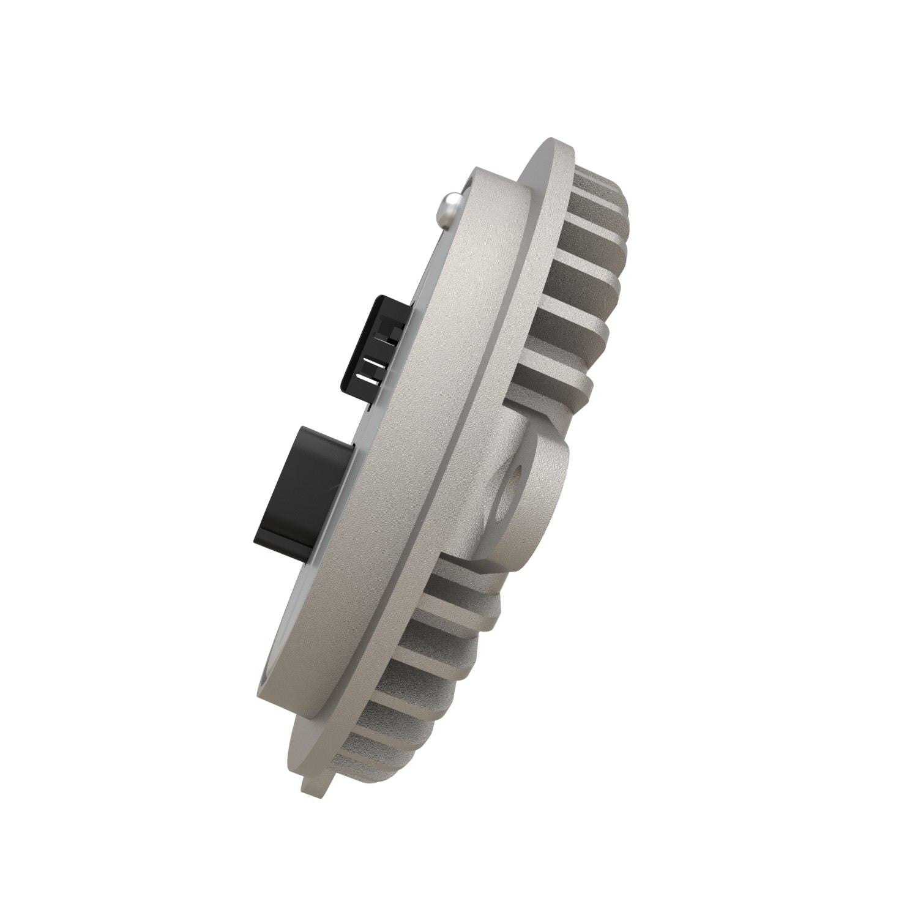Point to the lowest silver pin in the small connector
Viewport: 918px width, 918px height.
371,380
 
